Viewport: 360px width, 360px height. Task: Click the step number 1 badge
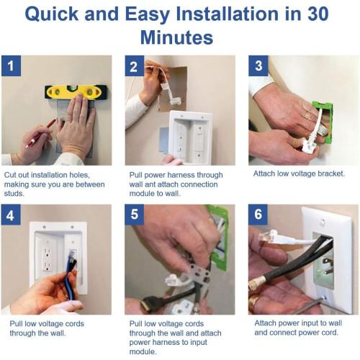tap(11, 66)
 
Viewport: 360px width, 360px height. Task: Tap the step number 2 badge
tap(134, 66)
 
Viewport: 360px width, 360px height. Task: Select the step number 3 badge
tap(258, 66)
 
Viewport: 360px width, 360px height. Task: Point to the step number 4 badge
tap(11, 215)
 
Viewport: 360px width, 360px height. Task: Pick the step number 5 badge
tap(134, 215)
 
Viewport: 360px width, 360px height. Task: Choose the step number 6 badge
tap(258, 215)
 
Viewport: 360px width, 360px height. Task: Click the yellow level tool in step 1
tap(76, 92)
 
